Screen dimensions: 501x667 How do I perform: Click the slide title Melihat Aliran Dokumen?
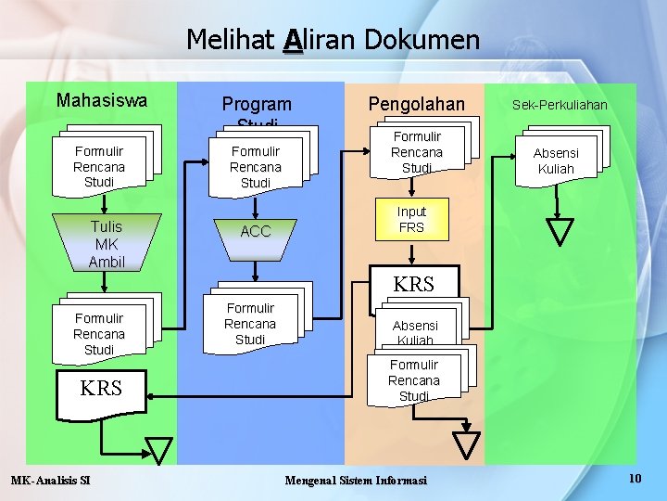333,39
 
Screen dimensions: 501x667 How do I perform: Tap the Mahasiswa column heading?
101,100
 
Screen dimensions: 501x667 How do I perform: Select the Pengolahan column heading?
416,104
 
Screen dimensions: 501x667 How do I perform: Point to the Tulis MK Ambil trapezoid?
107,244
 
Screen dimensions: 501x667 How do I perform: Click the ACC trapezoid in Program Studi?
256,232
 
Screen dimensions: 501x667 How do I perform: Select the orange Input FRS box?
411,220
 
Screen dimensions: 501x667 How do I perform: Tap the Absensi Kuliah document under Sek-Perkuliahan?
556,161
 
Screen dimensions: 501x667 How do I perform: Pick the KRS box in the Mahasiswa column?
101,389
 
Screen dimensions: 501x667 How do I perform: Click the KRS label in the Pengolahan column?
413,284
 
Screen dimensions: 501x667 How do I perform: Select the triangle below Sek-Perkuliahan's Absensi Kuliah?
560,231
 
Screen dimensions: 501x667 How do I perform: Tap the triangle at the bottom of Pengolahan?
469,445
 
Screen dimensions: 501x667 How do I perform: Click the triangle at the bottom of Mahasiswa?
159,450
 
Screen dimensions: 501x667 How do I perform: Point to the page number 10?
635,478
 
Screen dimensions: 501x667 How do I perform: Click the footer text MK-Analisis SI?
50,480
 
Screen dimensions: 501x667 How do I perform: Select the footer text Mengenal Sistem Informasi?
356,480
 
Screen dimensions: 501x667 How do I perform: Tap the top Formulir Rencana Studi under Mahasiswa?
99,166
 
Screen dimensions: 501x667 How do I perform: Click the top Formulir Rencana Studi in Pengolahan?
416,152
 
